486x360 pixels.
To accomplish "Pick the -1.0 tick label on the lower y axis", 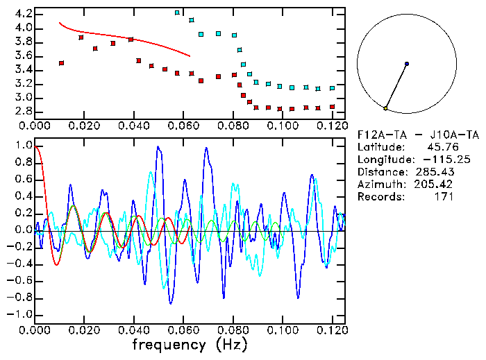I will pyautogui.click(x=21, y=315).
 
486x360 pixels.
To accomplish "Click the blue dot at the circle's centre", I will pyautogui.click(x=407, y=64).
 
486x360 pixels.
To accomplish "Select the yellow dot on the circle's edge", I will pyautogui.click(x=385, y=108).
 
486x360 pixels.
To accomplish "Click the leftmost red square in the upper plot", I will pyautogui.click(x=61, y=63).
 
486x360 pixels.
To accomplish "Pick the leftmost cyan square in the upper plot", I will pyautogui.click(x=177, y=12).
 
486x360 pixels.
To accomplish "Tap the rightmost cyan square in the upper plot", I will pyautogui.click(x=332, y=88).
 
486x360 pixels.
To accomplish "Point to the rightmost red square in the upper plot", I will pyautogui.click(x=332, y=107).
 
